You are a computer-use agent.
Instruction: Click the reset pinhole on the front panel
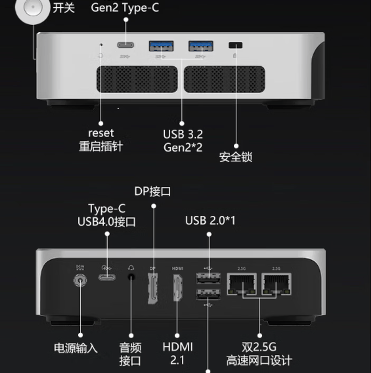[x=102, y=45]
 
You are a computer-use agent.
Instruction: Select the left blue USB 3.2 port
[x=161, y=46]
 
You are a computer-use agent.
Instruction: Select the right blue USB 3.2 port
[x=201, y=46]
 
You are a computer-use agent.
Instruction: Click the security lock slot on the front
[x=235, y=45]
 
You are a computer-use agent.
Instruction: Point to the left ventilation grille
[x=137, y=79]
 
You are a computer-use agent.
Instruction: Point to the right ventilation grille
[x=224, y=79]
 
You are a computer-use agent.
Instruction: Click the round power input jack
[x=80, y=281]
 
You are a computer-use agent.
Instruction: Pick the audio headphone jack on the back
[x=131, y=277]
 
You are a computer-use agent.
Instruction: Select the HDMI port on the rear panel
[x=177, y=287]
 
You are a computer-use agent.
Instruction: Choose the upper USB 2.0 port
[x=208, y=279]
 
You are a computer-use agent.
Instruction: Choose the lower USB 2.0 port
[x=208, y=294]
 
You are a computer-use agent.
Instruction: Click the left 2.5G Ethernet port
[x=242, y=283]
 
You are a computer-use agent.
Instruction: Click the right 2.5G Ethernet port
[x=276, y=283]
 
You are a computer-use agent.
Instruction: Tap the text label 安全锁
[x=236, y=157]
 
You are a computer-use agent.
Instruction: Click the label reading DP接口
[x=152, y=191]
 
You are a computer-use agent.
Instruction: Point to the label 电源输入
[x=76, y=348]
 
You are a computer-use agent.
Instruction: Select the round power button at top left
[x=32, y=8]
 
